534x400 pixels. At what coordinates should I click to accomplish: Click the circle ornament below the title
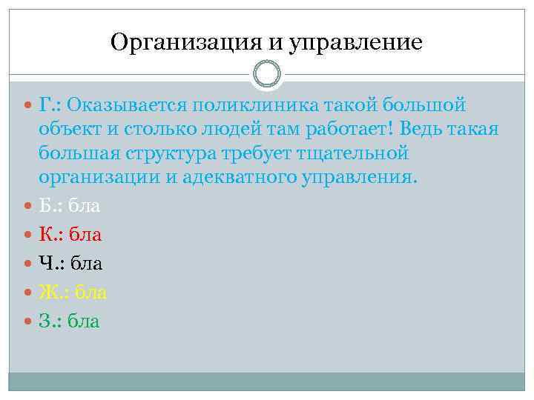click(267, 74)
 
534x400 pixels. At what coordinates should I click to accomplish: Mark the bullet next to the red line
click(29, 236)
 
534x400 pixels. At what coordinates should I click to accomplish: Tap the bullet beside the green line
click(29, 322)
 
